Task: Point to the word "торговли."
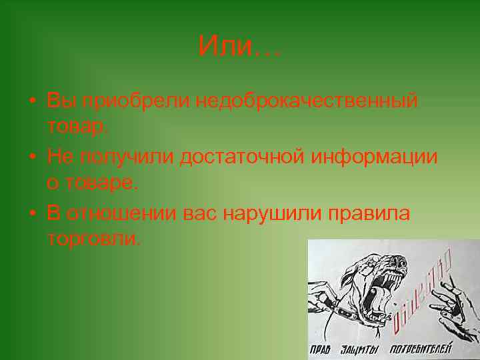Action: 94,239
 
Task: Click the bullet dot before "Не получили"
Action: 32,157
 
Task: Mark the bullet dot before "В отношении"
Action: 32,214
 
